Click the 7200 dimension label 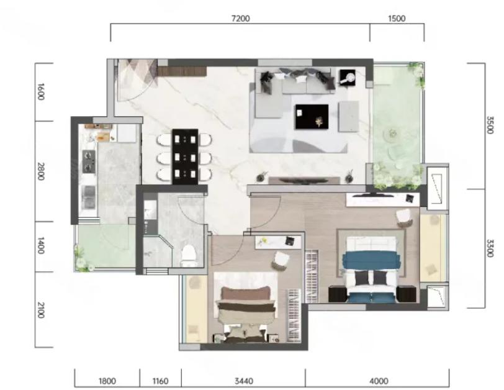pyautogui.click(x=240, y=19)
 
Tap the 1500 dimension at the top pyautogui.click(x=397, y=19)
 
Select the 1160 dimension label pyautogui.click(x=160, y=381)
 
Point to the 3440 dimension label pyautogui.click(x=244, y=381)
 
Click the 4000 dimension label pyautogui.click(x=379, y=381)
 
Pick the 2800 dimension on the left pyautogui.click(x=40, y=171)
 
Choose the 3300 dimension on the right pyautogui.click(x=490, y=248)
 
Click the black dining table pyautogui.click(x=185, y=156)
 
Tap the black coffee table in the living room pyautogui.click(x=312, y=117)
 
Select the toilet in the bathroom pyautogui.click(x=188, y=256)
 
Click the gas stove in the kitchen pyautogui.click(x=89, y=161)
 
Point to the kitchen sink pyautogui.click(x=88, y=197)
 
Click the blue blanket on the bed pyautogui.click(x=372, y=260)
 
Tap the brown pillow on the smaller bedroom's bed pyautogui.click(x=246, y=293)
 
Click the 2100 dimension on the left pyautogui.click(x=40, y=310)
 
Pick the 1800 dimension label pyautogui.click(x=107, y=381)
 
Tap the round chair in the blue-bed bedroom pyautogui.click(x=404, y=217)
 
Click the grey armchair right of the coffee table pyautogui.click(x=349, y=116)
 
